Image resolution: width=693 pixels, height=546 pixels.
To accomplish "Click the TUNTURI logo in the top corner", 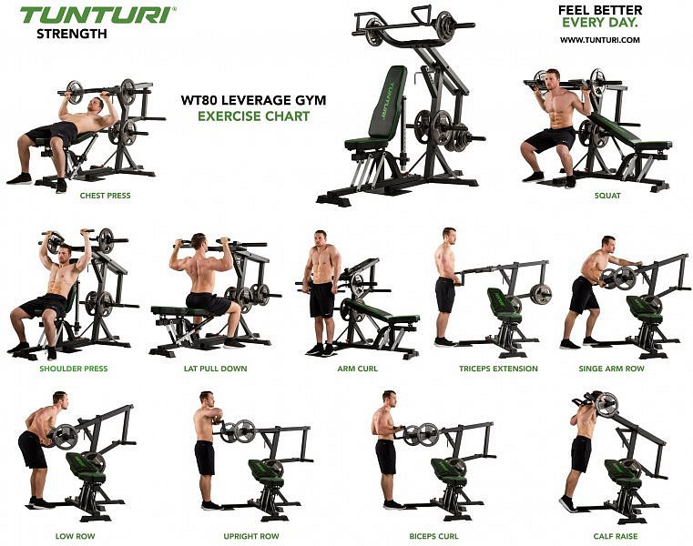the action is click(x=97, y=15).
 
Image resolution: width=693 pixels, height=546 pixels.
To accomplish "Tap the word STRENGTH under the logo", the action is click(x=72, y=34).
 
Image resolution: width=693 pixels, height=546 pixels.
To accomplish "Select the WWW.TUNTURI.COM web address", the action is click(x=600, y=40).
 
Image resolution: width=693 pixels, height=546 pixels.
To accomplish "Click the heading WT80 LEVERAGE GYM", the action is click(x=253, y=100).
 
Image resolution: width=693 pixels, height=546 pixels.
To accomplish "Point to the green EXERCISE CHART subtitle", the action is click(x=253, y=116).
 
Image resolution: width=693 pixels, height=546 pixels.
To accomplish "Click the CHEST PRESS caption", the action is click(x=106, y=196).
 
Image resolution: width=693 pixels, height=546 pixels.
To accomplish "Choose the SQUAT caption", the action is click(x=607, y=196).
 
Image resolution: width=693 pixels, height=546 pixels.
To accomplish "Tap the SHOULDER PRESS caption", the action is click(x=74, y=369).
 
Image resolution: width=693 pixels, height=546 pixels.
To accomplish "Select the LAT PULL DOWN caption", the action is click(x=215, y=369).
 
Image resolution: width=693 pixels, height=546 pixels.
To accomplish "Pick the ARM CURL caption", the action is click(x=358, y=369).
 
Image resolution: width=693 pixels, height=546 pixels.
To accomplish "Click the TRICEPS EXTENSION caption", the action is click(x=498, y=369).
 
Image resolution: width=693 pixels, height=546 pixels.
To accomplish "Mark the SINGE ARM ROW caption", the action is click(x=612, y=369).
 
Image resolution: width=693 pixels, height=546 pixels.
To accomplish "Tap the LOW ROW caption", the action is click(x=76, y=536).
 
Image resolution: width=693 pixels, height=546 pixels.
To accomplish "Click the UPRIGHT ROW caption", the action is click(x=251, y=536).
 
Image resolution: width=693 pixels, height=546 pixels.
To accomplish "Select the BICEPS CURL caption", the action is click(x=433, y=536).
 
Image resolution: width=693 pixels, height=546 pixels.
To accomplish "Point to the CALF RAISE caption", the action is click(x=616, y=536).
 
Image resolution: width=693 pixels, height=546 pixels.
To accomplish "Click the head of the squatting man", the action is click(x=552, y=79).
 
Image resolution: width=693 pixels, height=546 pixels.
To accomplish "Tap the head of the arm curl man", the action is click(x=321, y=239).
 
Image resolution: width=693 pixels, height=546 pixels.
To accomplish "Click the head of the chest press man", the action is click(x=97, y=106).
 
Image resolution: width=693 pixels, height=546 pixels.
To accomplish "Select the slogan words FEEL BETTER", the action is click(x=600, y=11).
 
